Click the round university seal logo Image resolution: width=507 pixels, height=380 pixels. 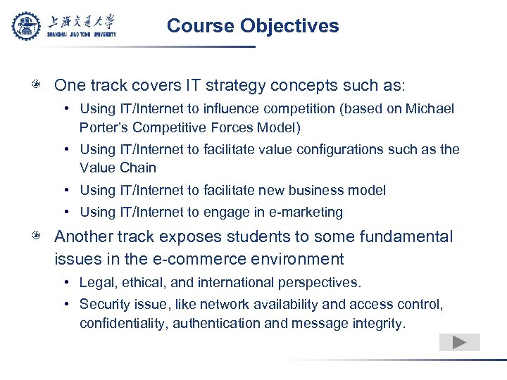pyautogui.click(x=27, y=26)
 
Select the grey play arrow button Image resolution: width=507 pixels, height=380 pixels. pyautogui.click(x=459, y=343)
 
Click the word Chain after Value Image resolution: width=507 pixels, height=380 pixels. pyautogui.click(x=138, y=167)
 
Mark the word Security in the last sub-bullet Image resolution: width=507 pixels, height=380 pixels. pyautogui.click(x=103, y=305)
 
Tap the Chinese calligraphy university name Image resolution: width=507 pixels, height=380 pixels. pyautogui.click(x=82, y=21)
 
